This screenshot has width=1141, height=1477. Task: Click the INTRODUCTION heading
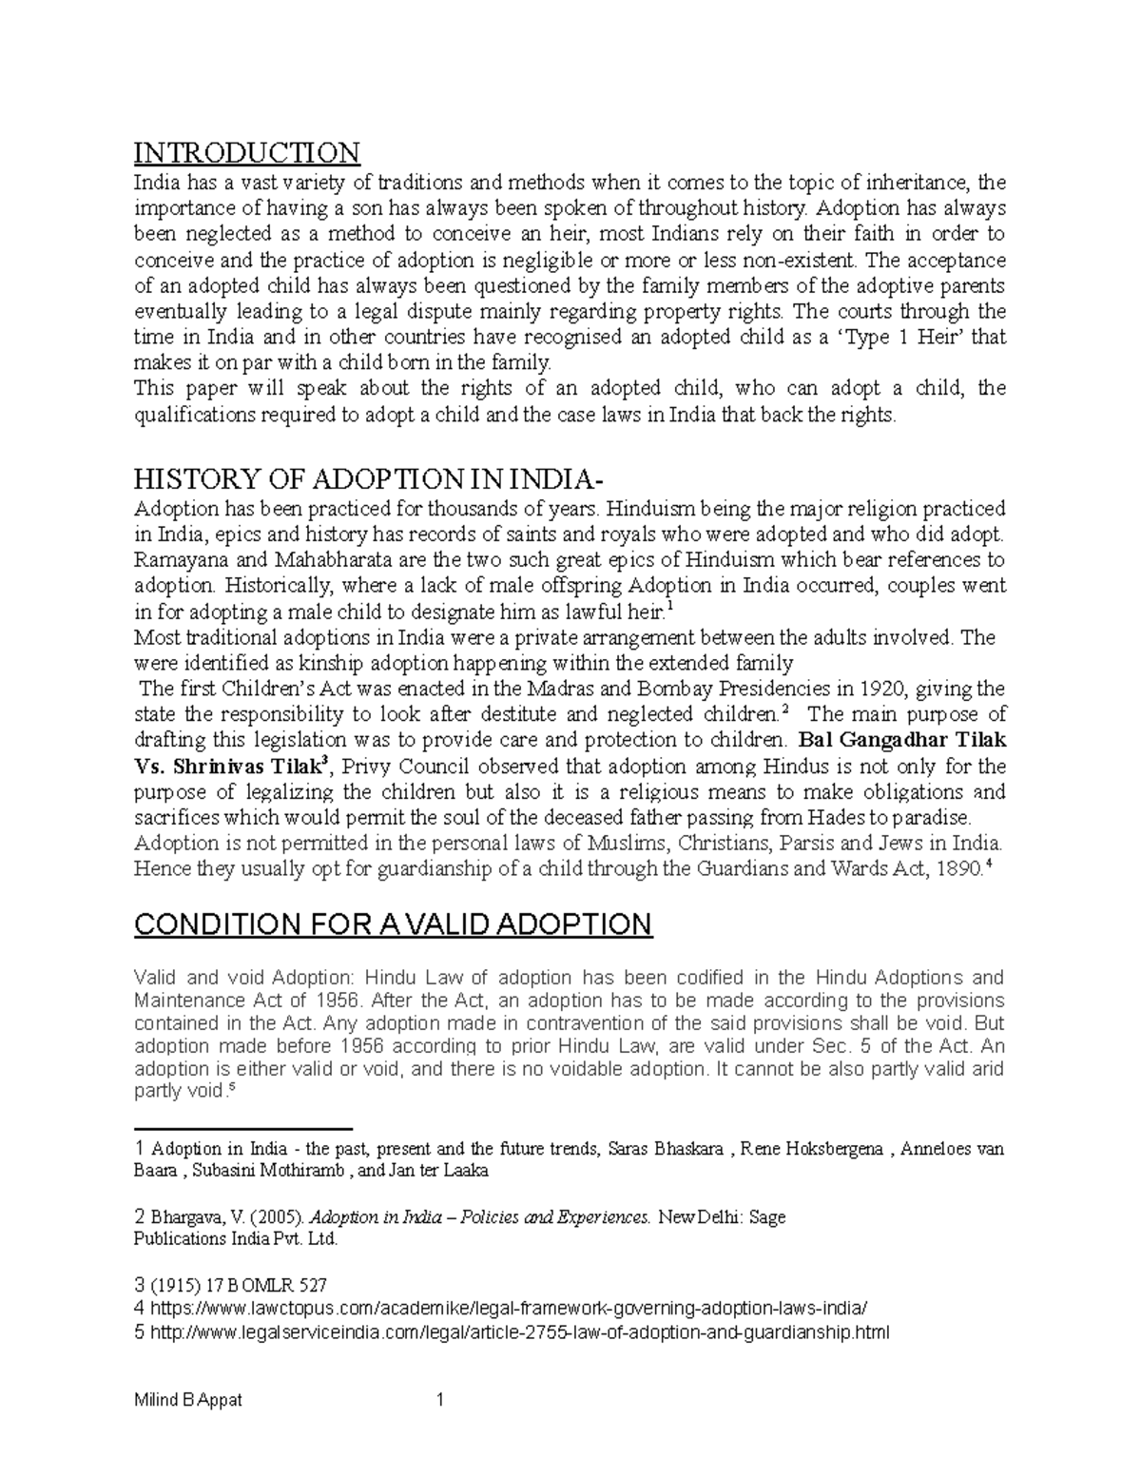coord(246,152)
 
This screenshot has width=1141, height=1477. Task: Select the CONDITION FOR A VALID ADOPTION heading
coord(393,923)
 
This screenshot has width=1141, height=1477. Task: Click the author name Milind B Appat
coord(188,1400)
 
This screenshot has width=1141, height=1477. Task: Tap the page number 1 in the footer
coord(439,1400)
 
